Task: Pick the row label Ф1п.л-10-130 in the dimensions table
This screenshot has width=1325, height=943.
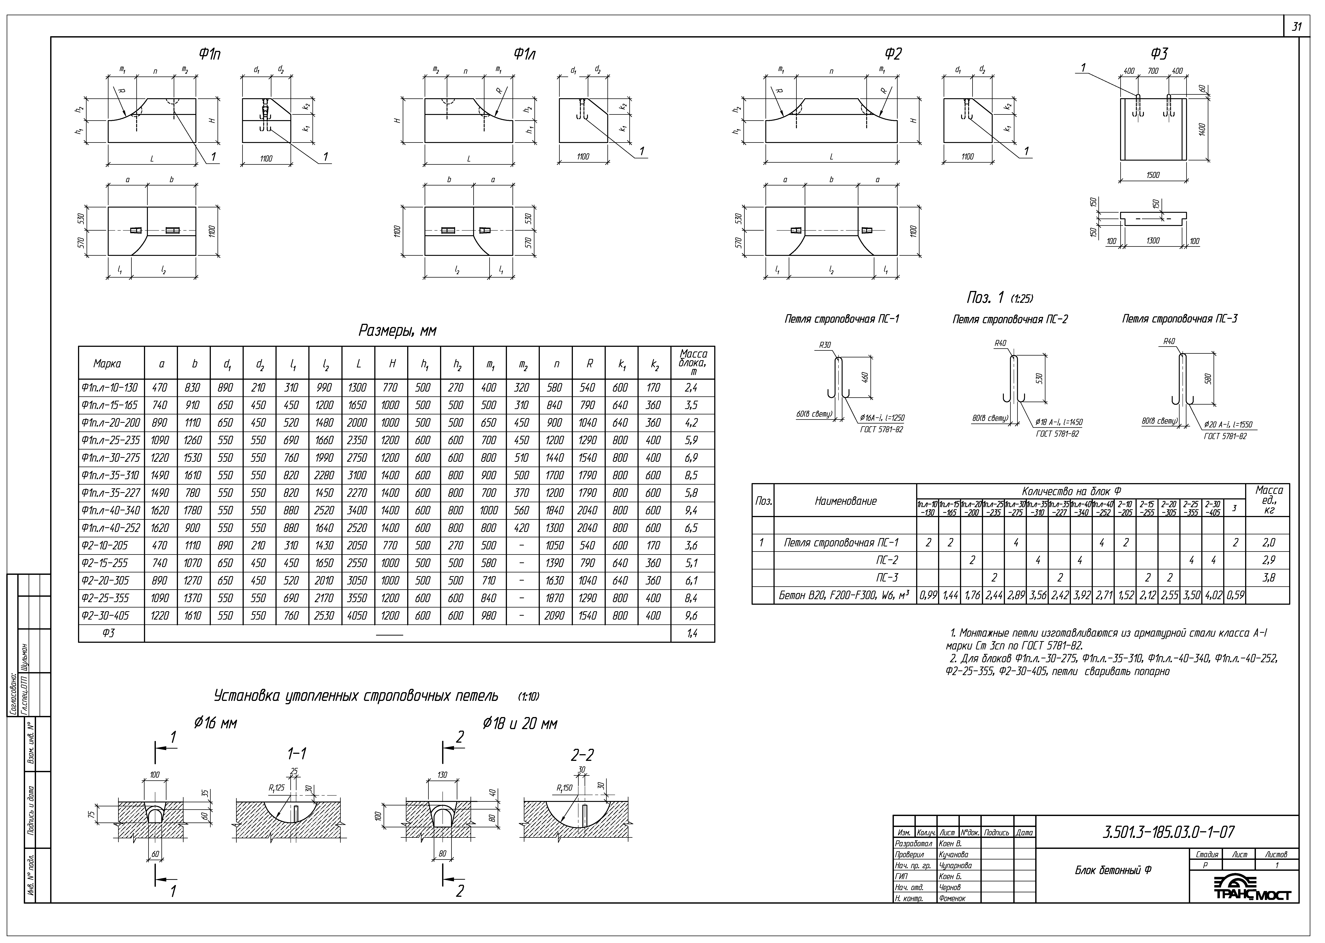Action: click(x=110, y=387)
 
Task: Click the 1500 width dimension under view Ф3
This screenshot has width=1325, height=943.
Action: click(x=1153, y=175)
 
